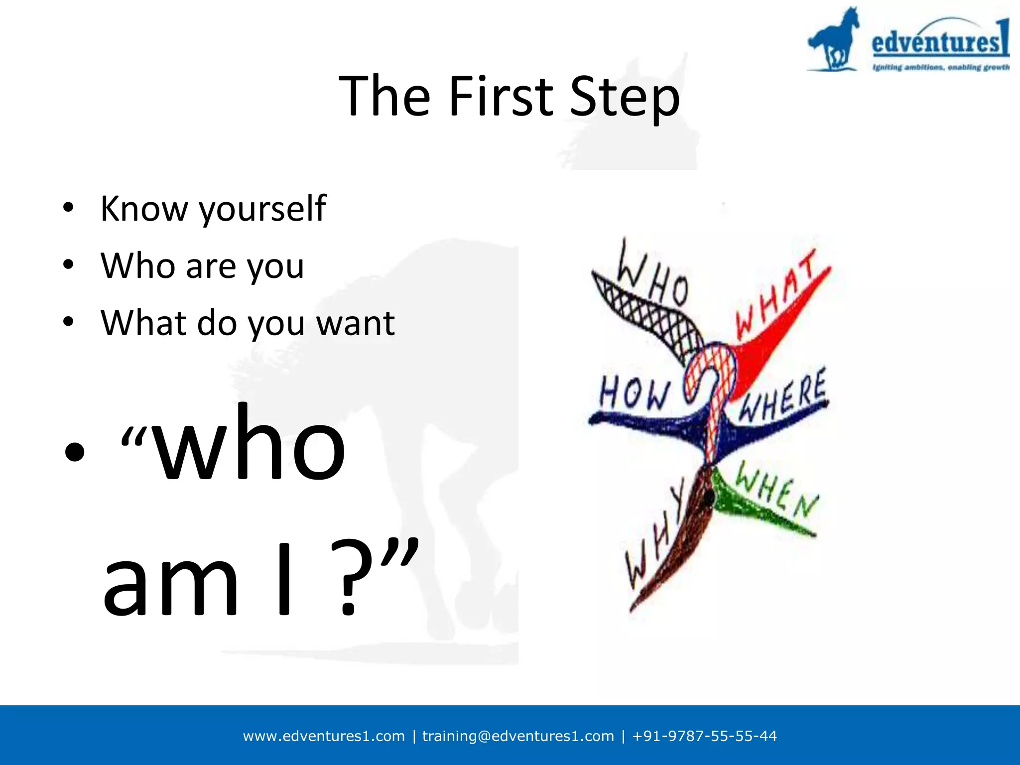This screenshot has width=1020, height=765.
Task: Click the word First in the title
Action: coord(501,96)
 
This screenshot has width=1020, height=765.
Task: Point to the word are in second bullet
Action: coord(211,266)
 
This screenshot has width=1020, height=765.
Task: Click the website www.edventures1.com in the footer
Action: coord(324,736)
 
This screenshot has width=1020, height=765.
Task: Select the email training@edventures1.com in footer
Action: coord(518,736)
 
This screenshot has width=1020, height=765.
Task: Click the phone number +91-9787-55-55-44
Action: coord(704,736)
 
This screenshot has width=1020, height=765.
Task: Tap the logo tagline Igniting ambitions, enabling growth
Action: coord(940,67)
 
